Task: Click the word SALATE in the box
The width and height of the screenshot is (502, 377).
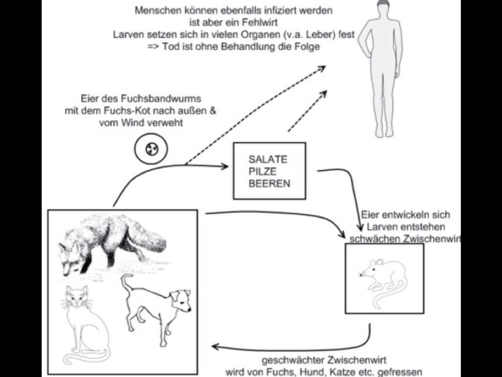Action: click(268, 160)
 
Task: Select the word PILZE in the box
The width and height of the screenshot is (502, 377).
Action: click(262, 172)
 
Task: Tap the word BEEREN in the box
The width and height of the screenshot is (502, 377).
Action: click(269, 184)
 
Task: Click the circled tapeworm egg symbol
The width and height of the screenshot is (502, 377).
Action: click(151, 150)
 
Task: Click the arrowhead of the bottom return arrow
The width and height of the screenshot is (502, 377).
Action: click(215, 347)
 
